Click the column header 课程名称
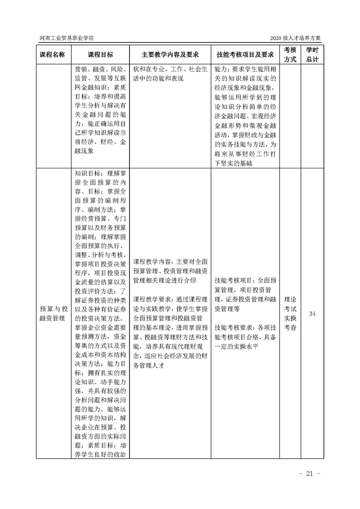pos(52,54)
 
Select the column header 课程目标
pos(100,54)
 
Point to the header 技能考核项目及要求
pos(245,54)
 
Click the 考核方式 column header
pos(290,54)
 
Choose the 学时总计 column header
pos(312,54)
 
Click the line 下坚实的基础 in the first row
pos(233,163)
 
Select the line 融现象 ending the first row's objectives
pos(84,151)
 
